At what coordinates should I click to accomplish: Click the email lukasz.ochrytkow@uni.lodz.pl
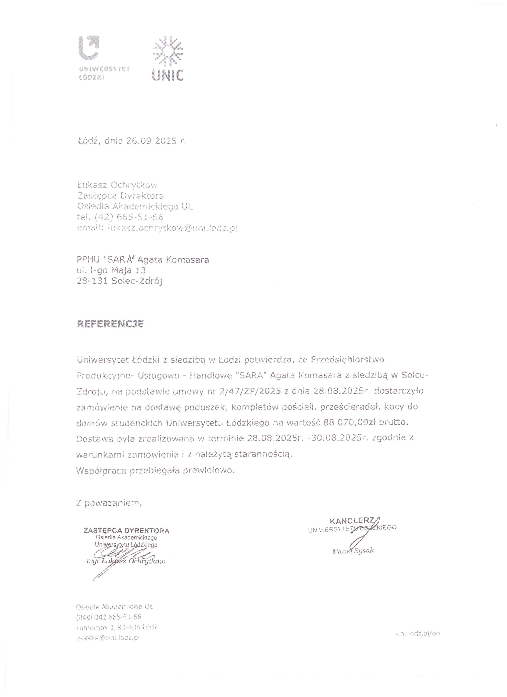[x=172, y=228]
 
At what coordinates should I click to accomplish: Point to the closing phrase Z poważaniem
[x=109, y=503]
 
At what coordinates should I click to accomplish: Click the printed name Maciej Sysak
[x=353, y=551]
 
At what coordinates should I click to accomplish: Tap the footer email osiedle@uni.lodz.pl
[x=108, y=637]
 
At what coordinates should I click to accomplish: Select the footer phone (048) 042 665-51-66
[x=108, y=617]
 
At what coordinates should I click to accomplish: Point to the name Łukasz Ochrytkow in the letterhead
[x=117, y=185]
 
